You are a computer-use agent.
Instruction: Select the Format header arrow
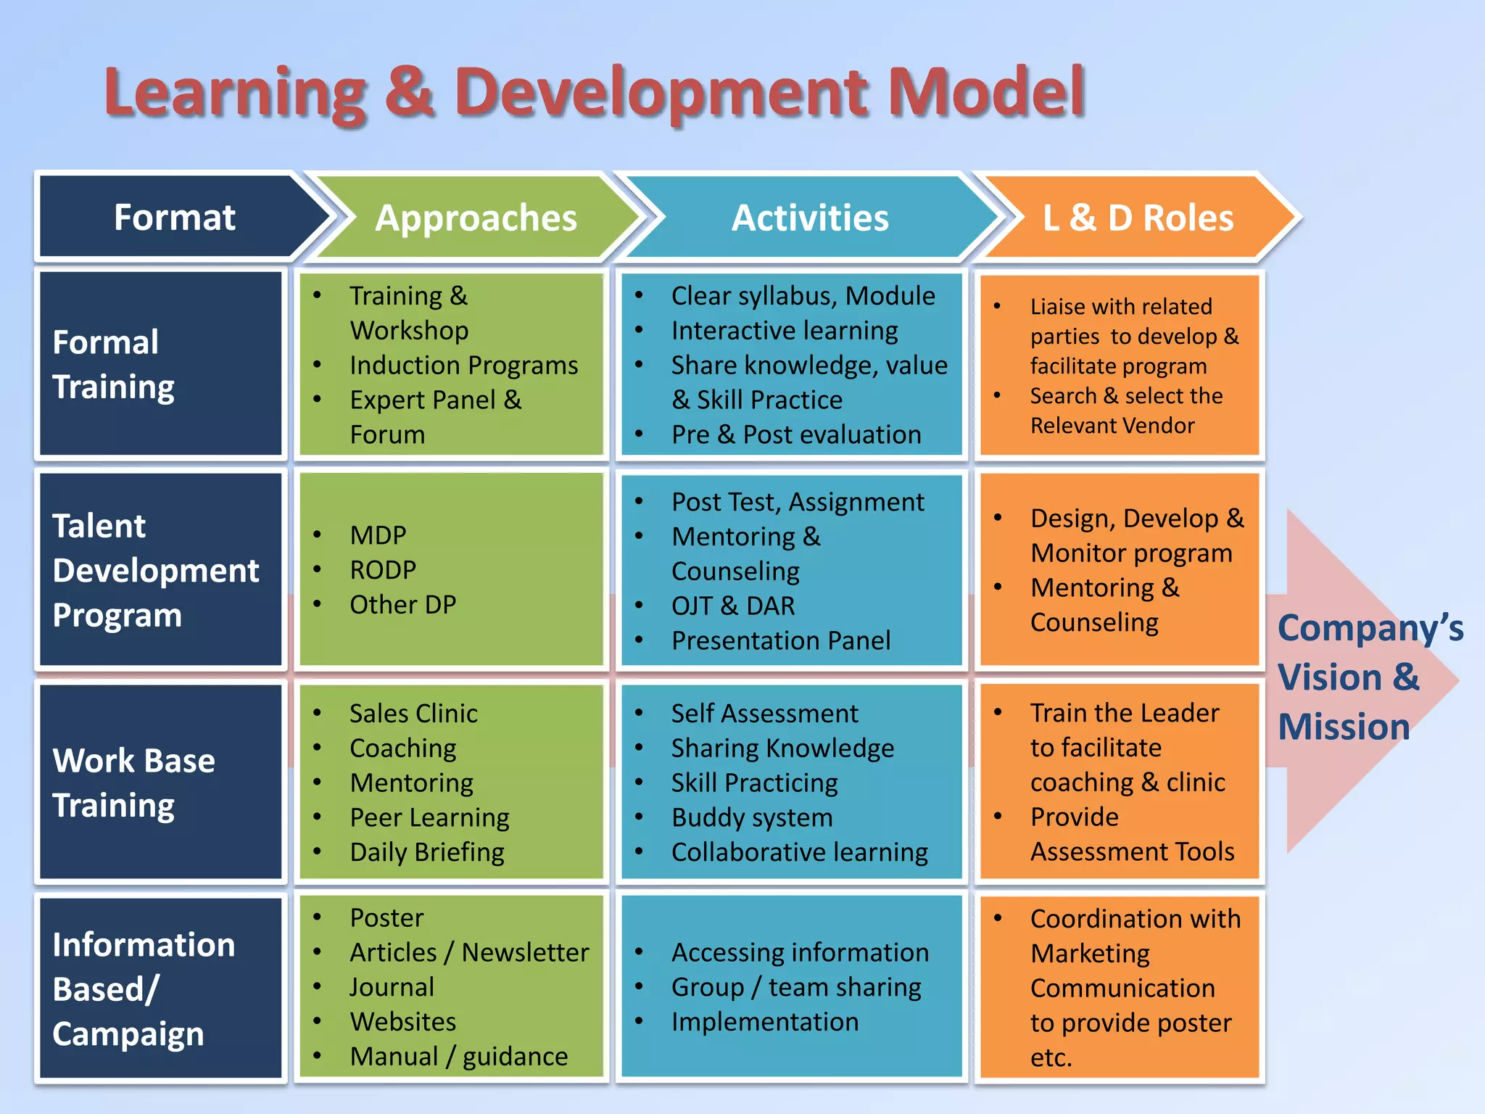point(175,218)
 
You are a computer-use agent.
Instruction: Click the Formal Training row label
point(114,364)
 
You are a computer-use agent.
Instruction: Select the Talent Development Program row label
point(155,570)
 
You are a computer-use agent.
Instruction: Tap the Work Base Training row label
point(134,783)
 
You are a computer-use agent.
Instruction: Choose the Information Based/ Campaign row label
point(144,989)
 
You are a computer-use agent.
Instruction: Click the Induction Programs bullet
point(463,365)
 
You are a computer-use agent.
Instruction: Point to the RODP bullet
point(383,570)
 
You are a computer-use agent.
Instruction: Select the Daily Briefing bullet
point(426,852)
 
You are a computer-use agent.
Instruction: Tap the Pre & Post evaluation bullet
point(795,434)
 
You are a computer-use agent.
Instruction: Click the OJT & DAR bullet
point(732,606)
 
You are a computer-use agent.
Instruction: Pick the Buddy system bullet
point(752,817)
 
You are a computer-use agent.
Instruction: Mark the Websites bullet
point(402,1022)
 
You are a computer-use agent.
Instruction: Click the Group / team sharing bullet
point(795,987)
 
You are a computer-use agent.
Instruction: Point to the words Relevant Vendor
point(1112,426)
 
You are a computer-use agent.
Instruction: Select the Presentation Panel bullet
point(780,640)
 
